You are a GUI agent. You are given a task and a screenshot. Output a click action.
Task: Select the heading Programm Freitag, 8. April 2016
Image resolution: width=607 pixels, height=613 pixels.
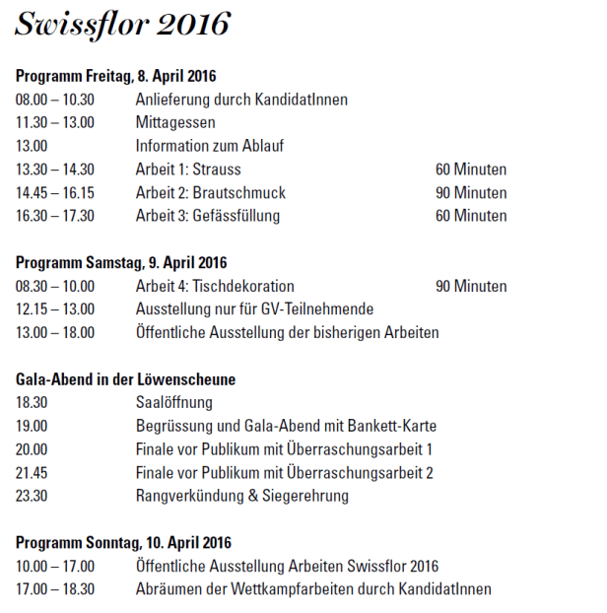click(116, 76)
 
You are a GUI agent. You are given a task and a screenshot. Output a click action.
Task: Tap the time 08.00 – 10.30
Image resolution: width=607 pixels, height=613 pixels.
click(55, 100)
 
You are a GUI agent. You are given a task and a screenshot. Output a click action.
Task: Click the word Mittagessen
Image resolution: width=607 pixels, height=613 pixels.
click(175, 122)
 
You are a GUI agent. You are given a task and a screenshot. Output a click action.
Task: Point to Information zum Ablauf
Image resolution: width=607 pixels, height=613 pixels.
click(210, 146)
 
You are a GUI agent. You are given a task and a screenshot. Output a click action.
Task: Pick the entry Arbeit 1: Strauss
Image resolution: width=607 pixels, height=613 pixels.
click(188, 170)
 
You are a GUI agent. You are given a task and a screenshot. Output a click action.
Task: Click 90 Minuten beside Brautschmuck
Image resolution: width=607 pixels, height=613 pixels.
click(471, 192)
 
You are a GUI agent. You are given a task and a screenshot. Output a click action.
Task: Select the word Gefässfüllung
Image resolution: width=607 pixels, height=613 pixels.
click(236, 216)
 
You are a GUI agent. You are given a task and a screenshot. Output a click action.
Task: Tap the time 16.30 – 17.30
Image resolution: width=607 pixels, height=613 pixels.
click(55, 216)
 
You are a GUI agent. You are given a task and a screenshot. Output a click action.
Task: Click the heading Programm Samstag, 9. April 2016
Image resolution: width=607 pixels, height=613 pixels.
click(121, 263)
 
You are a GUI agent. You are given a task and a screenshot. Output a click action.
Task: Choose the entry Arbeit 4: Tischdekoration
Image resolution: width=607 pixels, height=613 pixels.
click(215, 286)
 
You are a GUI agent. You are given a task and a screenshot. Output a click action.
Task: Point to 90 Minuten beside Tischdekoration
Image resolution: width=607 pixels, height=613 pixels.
click(471, 286)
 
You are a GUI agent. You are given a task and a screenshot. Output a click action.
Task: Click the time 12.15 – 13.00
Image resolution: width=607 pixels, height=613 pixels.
click(55, 309)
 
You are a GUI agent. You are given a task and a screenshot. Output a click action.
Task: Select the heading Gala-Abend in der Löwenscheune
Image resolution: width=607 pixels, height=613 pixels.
click(126, 379)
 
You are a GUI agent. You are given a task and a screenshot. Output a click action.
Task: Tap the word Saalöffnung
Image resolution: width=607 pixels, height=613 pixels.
click(173, 402)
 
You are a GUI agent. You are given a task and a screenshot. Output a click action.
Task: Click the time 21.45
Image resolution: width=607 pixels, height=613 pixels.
click(33, 472)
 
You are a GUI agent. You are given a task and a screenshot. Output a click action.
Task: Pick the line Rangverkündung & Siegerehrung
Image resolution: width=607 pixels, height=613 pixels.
click(241, 496)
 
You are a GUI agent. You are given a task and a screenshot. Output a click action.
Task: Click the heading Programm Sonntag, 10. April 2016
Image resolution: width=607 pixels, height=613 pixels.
click(123, 543)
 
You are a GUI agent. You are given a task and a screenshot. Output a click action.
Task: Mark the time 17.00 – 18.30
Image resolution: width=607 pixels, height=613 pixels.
click(55, 589)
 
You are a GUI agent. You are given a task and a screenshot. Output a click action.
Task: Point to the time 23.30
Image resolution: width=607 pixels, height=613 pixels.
click(33, 496)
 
